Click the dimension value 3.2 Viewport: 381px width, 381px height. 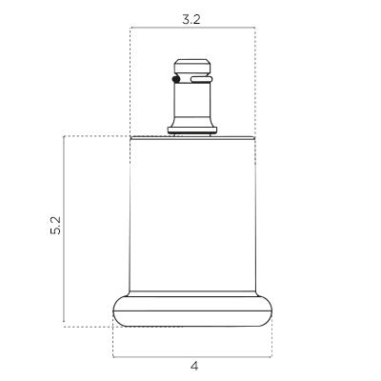click(191, 20)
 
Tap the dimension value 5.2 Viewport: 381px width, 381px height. click(55, 226)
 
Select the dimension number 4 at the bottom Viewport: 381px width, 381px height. click(194, 366)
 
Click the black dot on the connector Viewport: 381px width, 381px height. click(176, 79)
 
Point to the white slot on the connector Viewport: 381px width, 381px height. click(201, 79)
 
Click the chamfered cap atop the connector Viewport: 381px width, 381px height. click(192, 66)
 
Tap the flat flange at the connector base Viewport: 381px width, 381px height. click(192, 130)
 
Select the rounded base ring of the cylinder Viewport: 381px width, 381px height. click(192, 311)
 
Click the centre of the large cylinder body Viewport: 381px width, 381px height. click(192, 215)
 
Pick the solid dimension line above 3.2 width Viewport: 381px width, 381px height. click(192, 28)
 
